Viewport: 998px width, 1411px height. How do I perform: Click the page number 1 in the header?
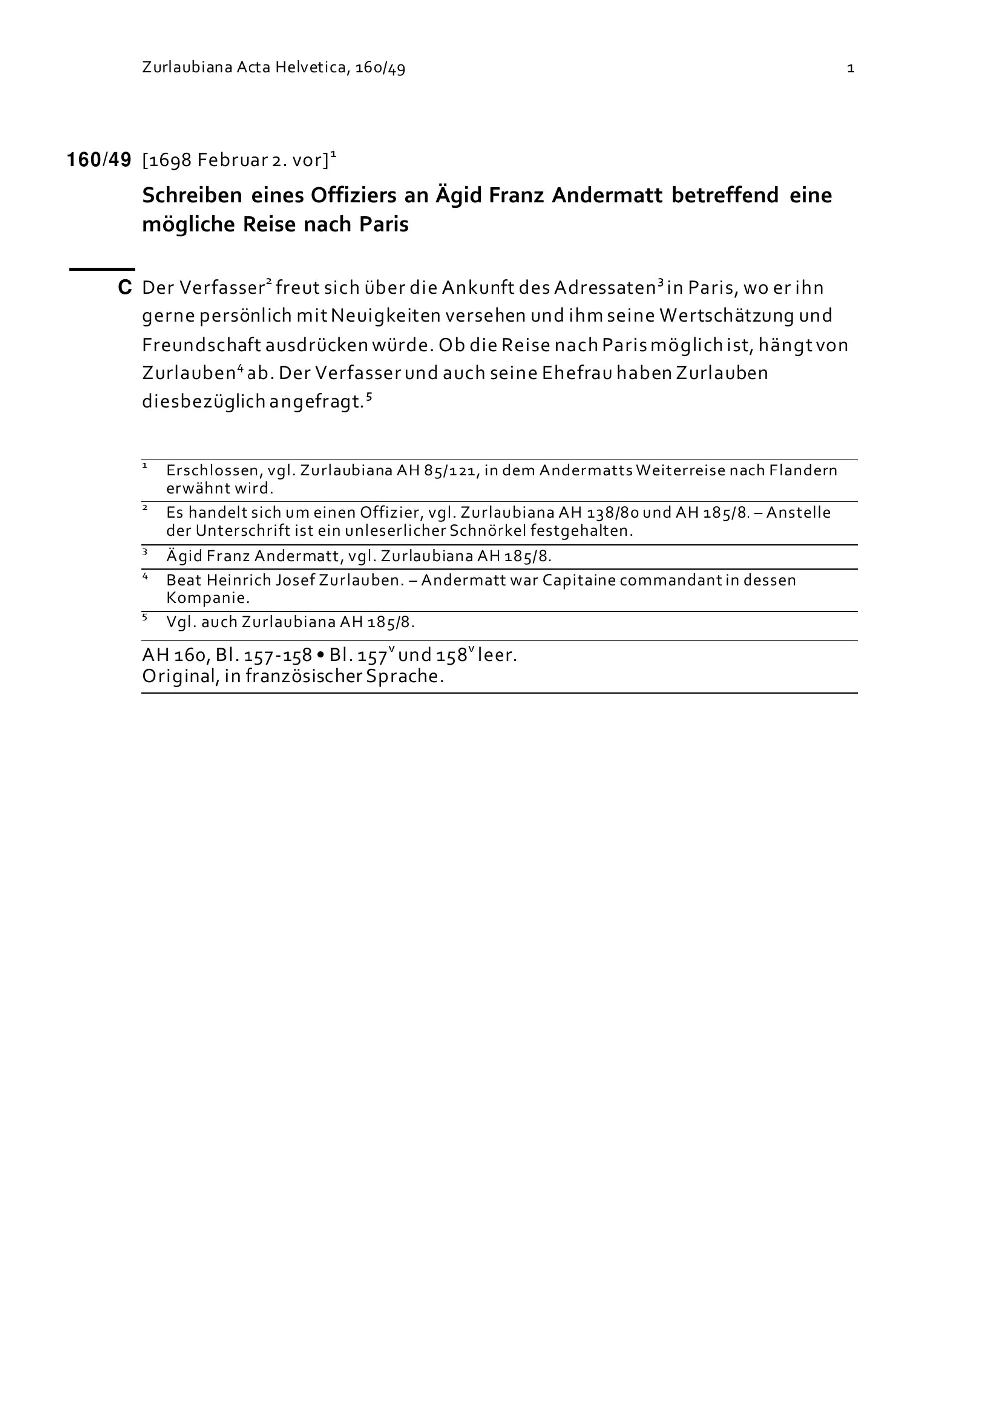(850, 68)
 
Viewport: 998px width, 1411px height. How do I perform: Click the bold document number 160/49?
(99, 160)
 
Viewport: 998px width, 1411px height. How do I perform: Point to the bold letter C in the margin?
(125, 287)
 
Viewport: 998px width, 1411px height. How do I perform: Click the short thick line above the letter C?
(101, 269)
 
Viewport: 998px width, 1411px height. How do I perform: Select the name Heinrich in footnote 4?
(236, 580)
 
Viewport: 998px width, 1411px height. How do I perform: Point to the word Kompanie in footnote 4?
(206, 597)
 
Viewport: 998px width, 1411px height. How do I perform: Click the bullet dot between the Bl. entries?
(320, 656)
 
